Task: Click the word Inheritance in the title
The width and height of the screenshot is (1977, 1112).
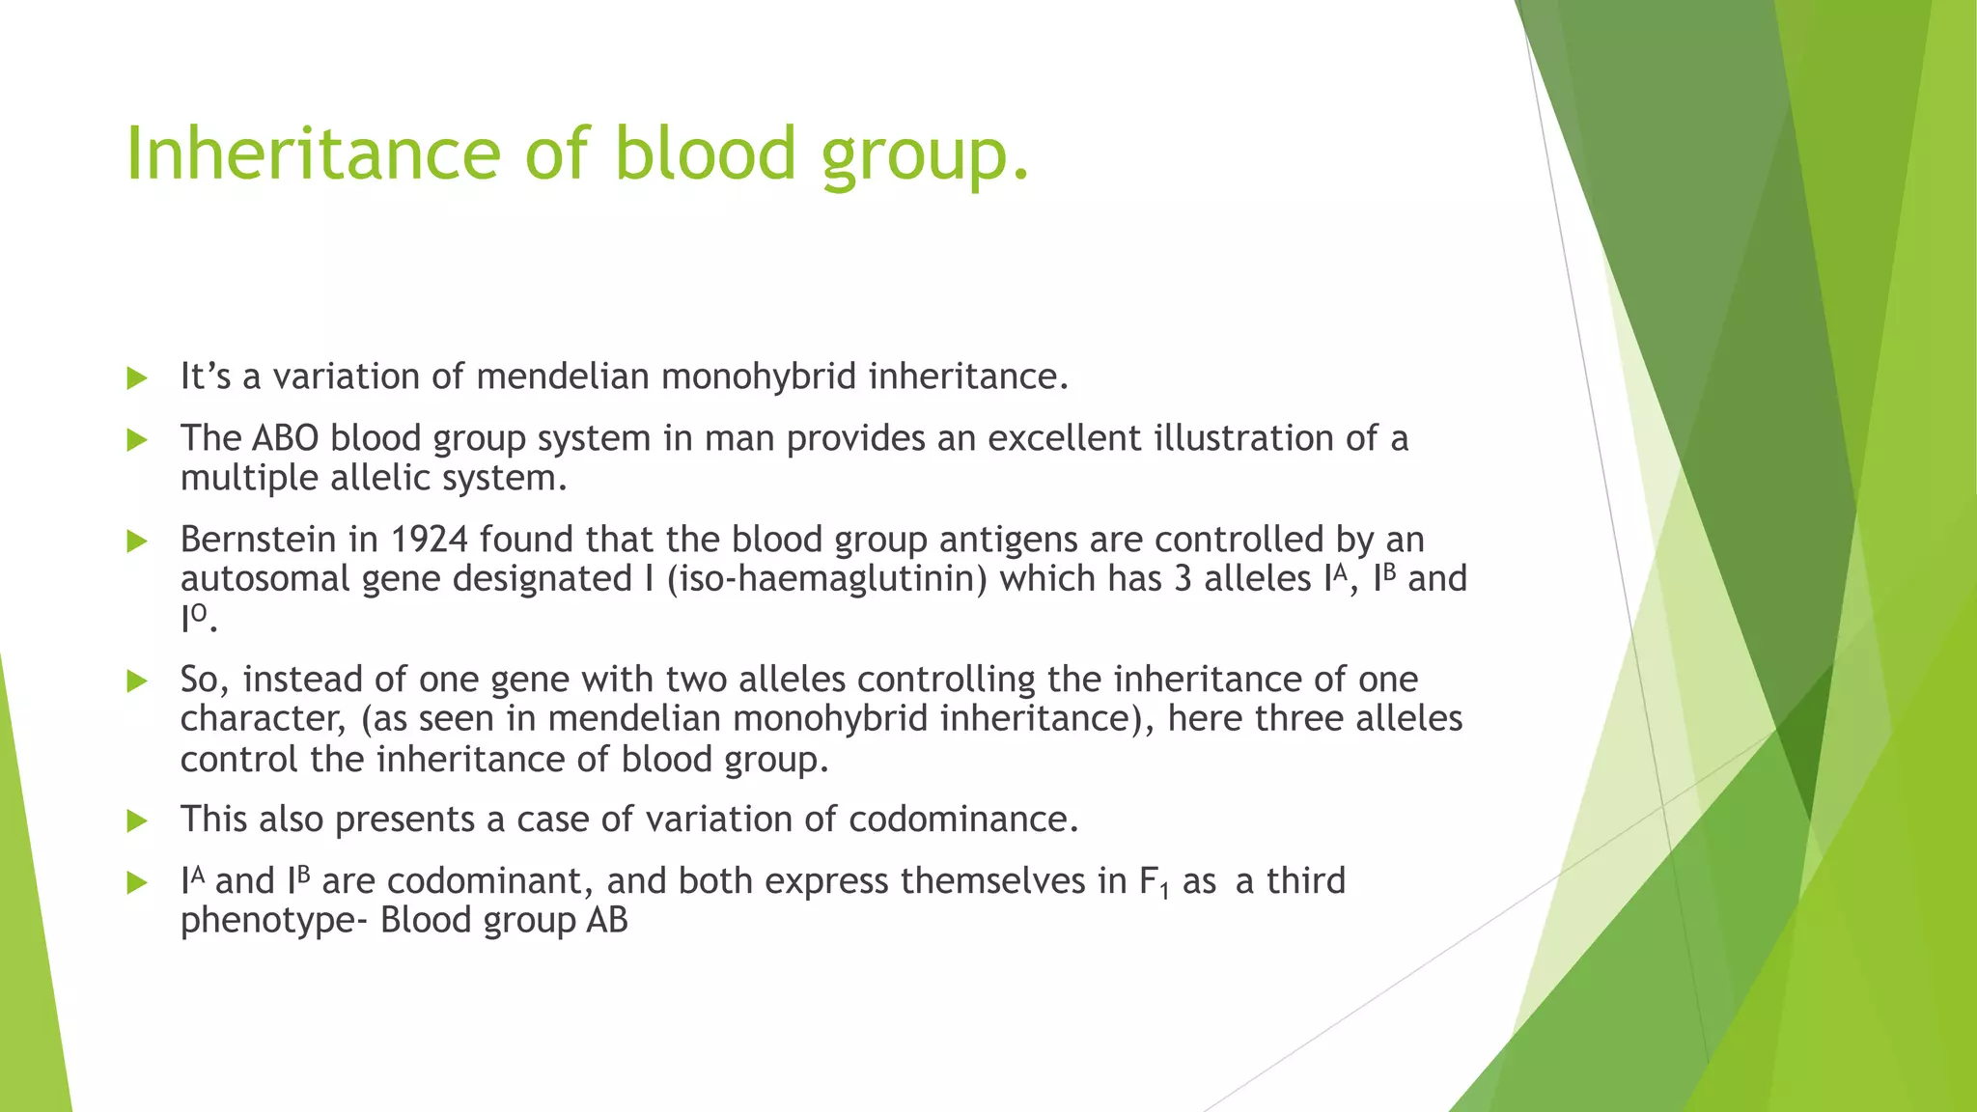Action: click(x=313, y=154)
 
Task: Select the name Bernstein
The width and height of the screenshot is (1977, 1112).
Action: click(x=258, y=540)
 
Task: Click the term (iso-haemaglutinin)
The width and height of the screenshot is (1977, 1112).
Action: click(x=826, y=579)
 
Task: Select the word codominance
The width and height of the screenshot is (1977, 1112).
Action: click(x=962, y=820)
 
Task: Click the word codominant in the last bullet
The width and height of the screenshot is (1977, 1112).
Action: click(x=489, y=881)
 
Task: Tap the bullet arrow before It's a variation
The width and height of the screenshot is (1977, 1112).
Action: click(x=137, y=378)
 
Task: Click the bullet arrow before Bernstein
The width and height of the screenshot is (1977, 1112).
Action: click(x=137, y=542)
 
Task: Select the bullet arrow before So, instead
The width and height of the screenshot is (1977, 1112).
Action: click(x=137, y=681)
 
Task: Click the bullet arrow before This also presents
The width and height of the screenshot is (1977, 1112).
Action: click(x=137, y=821)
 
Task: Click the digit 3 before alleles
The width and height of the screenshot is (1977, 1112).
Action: click(x=1183, y=579)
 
